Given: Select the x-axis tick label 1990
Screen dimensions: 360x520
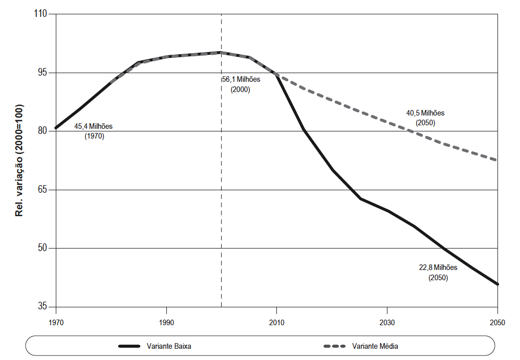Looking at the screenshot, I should pyautogui.click(x=166, y=323).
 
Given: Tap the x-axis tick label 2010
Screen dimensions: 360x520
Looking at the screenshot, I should pyautogui.click(x=276, y=323).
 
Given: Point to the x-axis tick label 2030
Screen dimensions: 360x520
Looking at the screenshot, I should pyautogui.click(x=387, y=323).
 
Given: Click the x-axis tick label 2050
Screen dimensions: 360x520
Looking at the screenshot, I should pyautogui.click(x=497, y=323).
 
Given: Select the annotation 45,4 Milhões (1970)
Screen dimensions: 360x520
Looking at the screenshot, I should pyautogui.click(x=94, y=131).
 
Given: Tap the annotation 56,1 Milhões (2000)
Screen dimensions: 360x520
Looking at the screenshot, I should pyautogui.click(x=241, y=84).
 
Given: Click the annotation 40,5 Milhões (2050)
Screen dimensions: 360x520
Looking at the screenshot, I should pyautogui.click(x=425, y=118).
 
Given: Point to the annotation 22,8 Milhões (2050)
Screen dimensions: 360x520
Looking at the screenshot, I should pyautogui.click(x=438, y=273).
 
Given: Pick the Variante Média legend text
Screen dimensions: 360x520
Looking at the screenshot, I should pyautogui.click(x=375, y=346).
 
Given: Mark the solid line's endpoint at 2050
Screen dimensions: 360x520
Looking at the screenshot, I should pyautogui.click(x=497, y=284).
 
